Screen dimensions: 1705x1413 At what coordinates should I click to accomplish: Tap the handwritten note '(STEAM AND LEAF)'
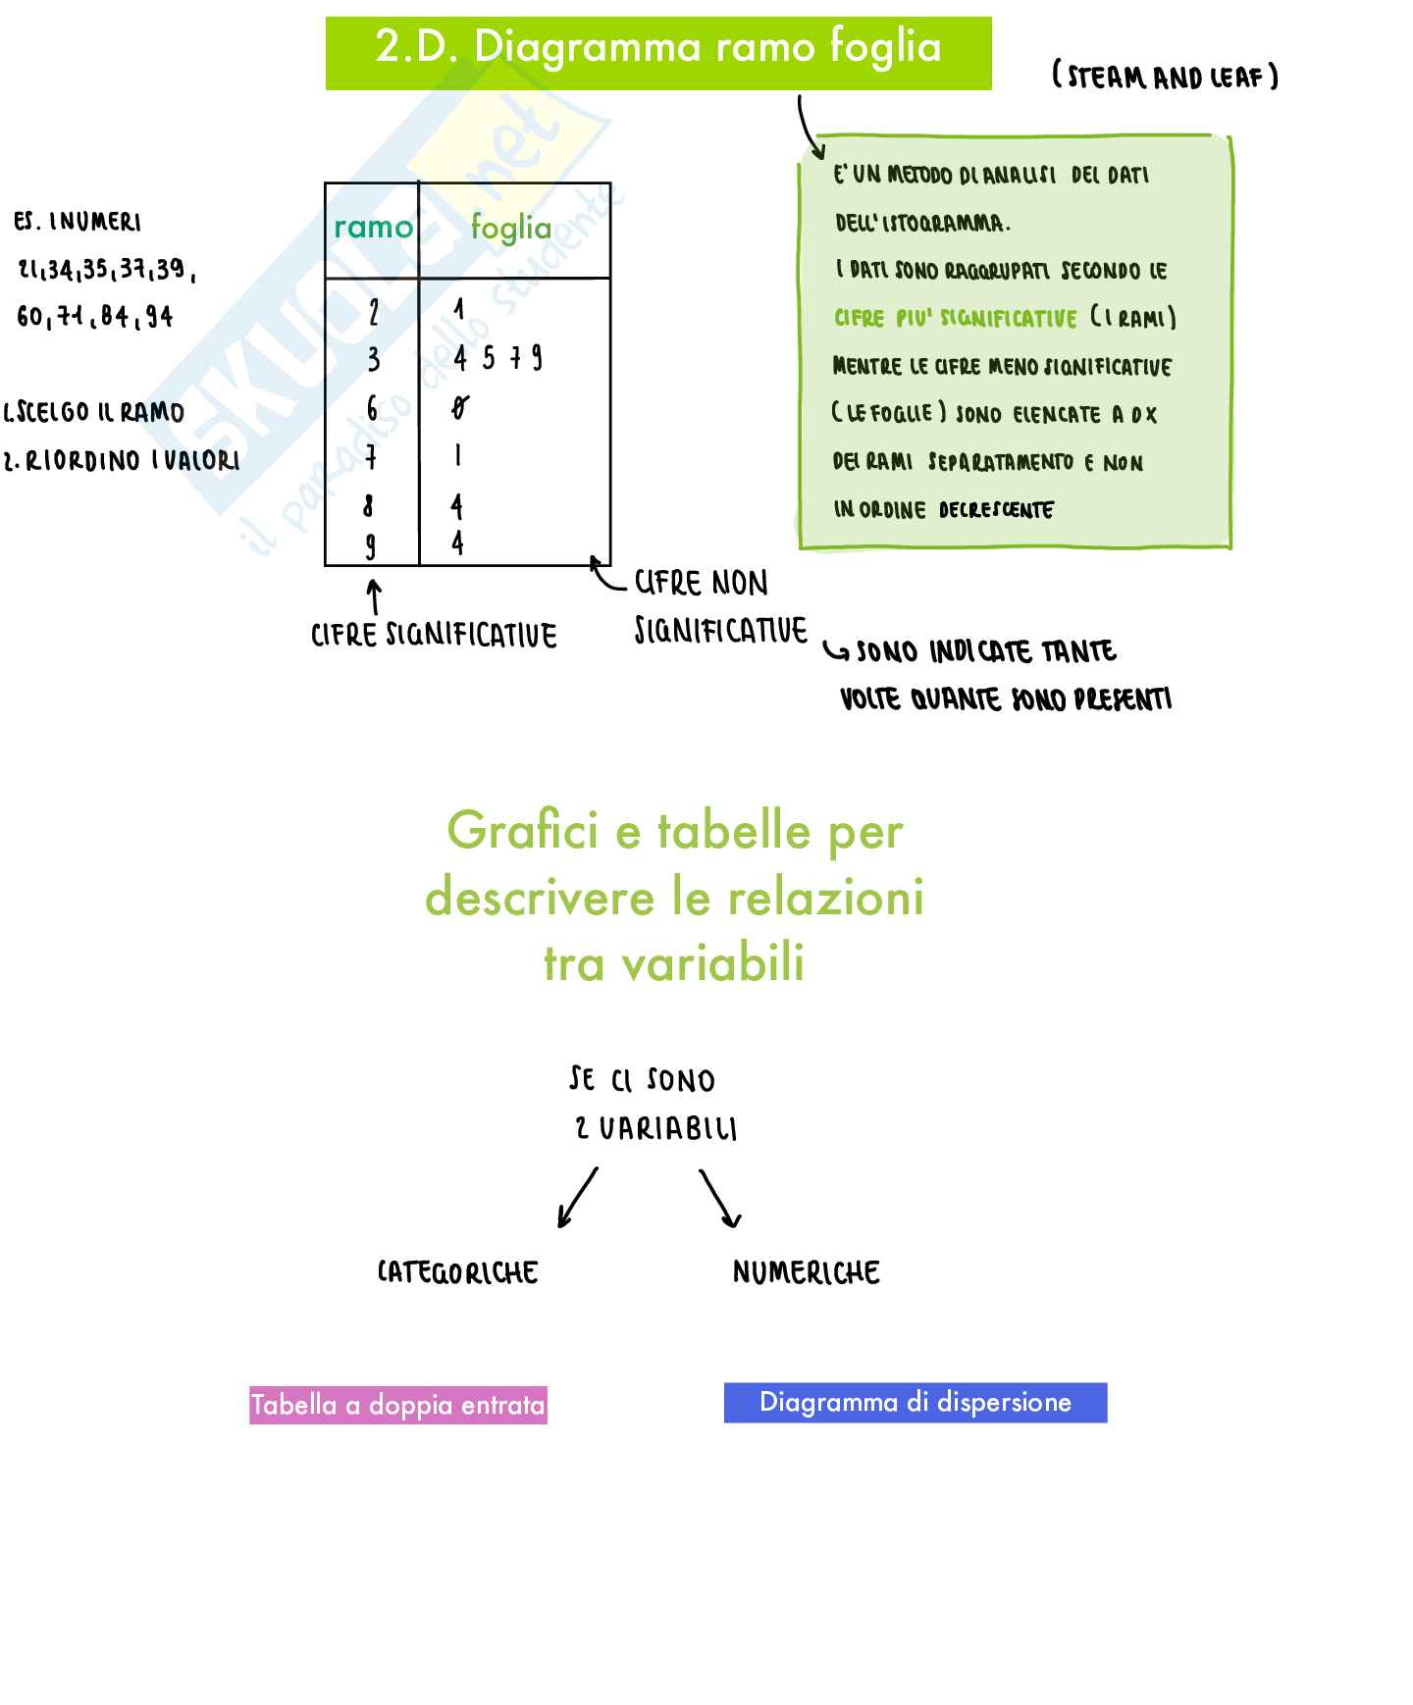click(1165, 77)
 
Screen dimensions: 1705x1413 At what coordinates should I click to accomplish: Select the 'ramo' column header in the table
click(373, 228)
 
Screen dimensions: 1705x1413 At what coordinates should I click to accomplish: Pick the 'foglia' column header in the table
click(511, 228)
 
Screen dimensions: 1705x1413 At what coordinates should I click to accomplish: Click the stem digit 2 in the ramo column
click(374, 313)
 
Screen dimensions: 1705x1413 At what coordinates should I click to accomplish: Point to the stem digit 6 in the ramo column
click(372, 408)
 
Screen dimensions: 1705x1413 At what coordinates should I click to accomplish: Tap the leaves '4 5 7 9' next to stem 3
click(497, 359)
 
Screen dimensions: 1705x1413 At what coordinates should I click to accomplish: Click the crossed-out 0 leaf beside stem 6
click(459, 408)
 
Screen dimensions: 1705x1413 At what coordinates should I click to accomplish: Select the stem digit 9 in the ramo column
click(370, 545)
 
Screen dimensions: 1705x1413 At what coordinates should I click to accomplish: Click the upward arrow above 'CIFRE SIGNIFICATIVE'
click(374, 596)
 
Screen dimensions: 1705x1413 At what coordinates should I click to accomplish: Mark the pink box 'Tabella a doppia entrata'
click(397, 1405)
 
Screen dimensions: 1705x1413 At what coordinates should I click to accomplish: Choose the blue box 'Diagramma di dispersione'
click(915, 1402)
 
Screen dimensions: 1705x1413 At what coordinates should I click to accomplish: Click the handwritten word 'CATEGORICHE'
click(458, 1272)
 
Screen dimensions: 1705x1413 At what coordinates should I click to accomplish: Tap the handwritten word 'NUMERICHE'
click(806, 1272)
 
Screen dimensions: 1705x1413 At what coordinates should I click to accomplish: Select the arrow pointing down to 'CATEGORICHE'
click(577, 1198)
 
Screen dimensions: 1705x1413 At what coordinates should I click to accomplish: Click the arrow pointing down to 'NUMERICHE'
click(720, 1198)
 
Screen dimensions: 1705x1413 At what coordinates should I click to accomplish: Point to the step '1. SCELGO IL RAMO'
click(95, 412)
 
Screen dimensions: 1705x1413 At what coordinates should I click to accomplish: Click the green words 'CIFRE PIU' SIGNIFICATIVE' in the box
click(955, 319)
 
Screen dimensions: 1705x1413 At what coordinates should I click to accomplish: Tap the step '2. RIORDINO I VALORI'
click(122, 460)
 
